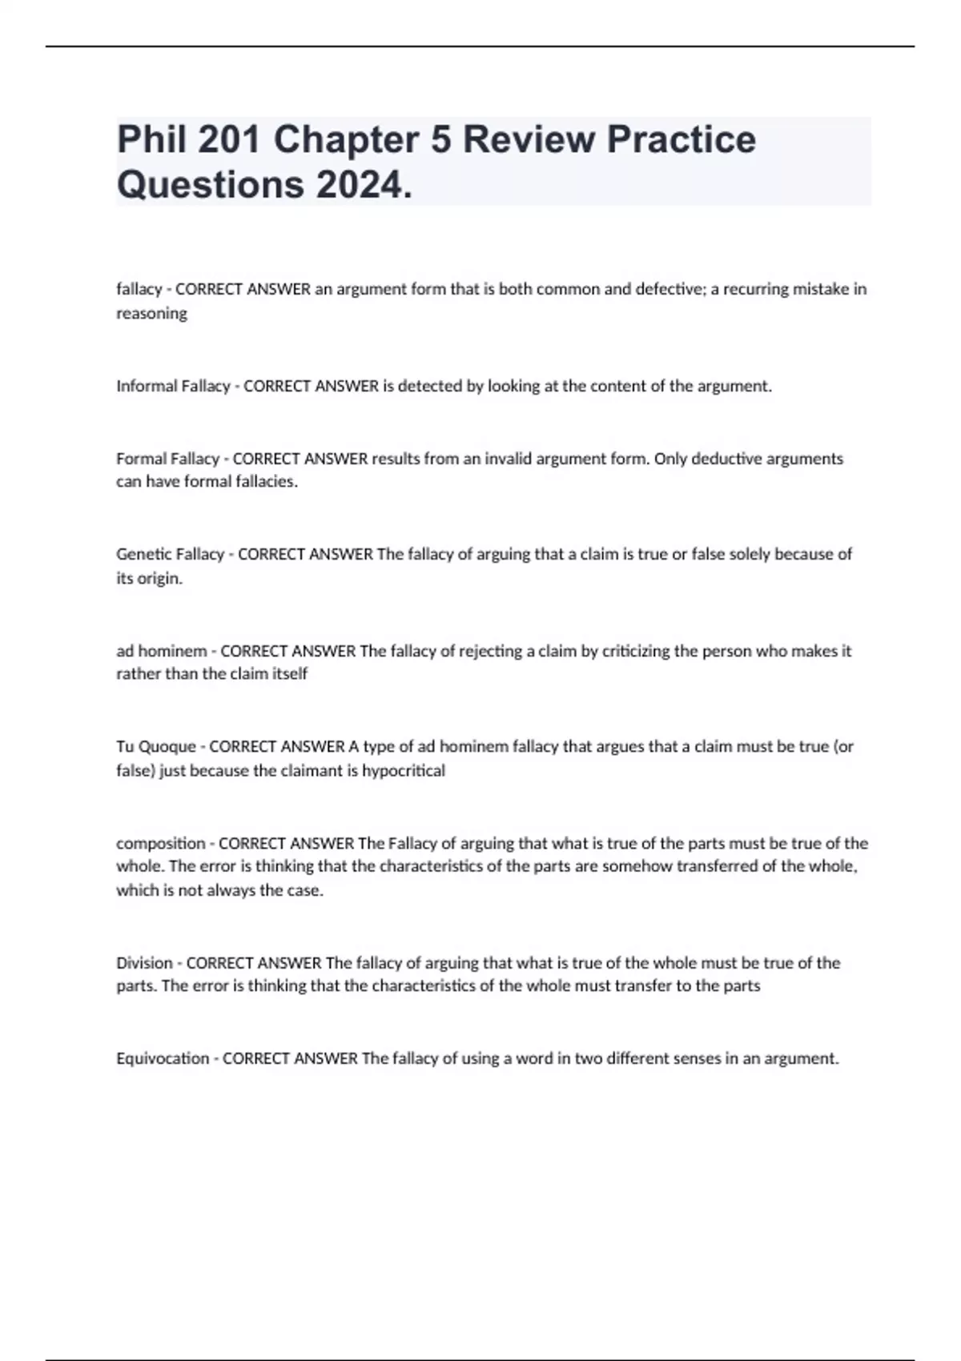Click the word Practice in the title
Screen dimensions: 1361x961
(x=681, y=139)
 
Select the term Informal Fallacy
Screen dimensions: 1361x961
(x=173, y=386)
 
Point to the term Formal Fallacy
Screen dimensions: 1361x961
(x=167, y=459)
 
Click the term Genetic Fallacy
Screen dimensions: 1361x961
(x=170, y=554)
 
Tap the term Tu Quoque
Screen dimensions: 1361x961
(x=156, y=746)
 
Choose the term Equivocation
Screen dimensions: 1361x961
(x=163, y=1058)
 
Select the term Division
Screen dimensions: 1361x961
(x=144, y=963)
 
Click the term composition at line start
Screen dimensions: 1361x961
(x=161, y=843)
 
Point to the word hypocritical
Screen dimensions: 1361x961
(x=404, y=771)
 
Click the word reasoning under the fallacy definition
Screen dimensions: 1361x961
(x=151, y=314)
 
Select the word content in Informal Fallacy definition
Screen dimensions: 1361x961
(x=606, y=386)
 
